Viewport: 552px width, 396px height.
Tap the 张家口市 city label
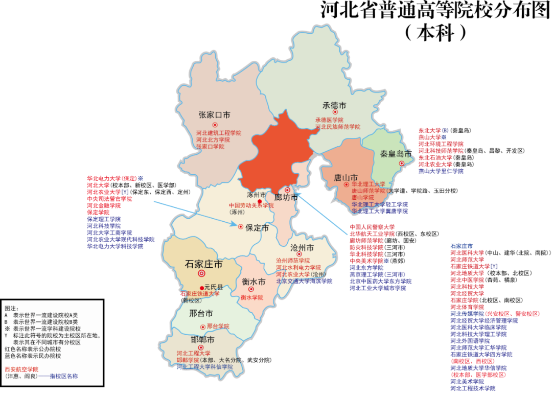pyautogui.click(x=214, y=115)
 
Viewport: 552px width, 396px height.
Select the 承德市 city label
pyautogui.click(x=334, y=105)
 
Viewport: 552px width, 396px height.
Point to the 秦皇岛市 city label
pyautogui.click(x=396, y=153)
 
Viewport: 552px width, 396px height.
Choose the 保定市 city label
pyautogui.click(x=257, y=228)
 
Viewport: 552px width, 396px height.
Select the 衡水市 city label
pyautogui.click(x=254, y=282)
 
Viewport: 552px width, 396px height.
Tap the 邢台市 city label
pyautogui.click(x=200, y=313)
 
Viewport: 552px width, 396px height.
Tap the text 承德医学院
pyautogui.click(x=329, y=120)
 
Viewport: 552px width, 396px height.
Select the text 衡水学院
pyautogui.click(x=251, y=297)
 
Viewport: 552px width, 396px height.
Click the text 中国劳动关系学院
pyautogui.click(x=251, y=205)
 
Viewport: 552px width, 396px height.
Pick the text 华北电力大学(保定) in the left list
pyautogui.click(x=112, y=179)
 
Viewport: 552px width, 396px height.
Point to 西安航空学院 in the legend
pyautogui.click(x=21, y=369)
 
